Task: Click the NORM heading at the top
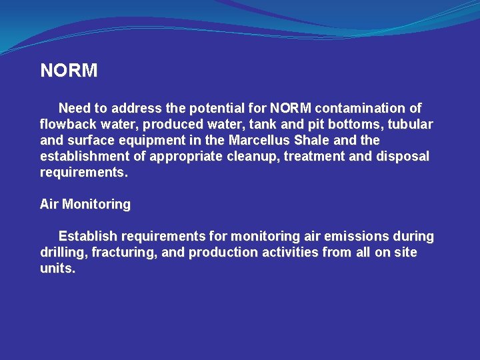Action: coord(69,71)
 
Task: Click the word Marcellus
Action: coord(259,141)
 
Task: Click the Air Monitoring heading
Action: coord(85,205)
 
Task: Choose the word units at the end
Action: coord(57,269)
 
